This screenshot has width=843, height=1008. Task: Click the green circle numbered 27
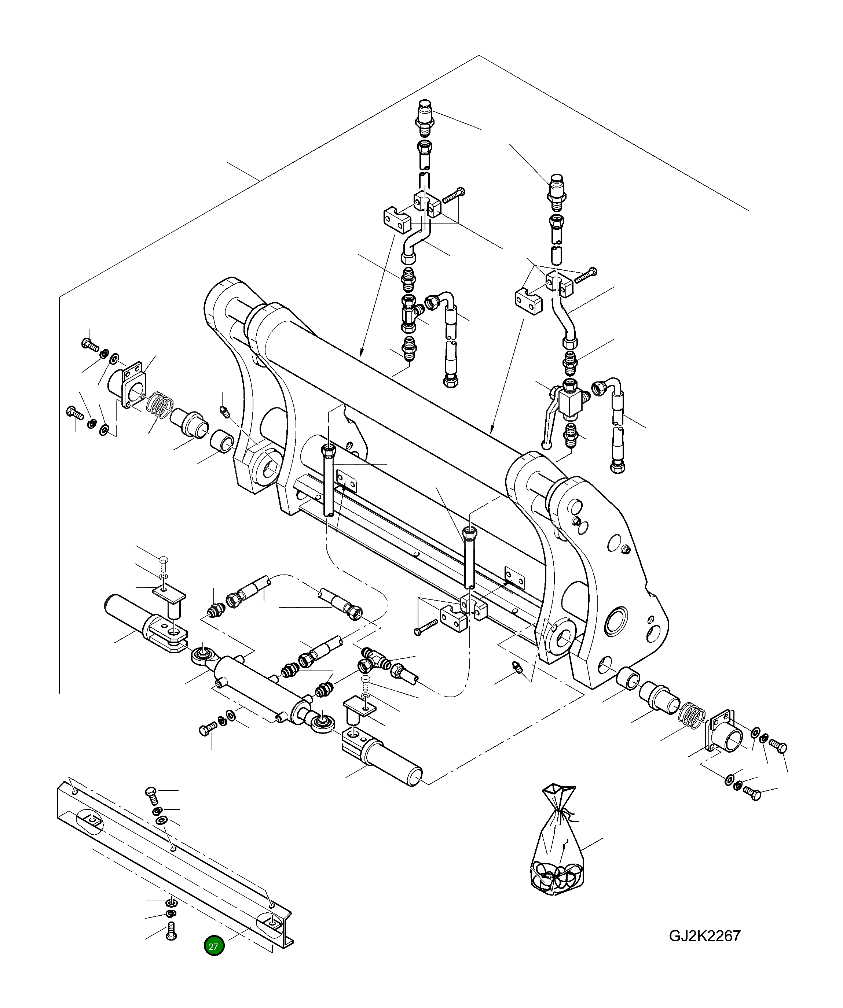(214, 946)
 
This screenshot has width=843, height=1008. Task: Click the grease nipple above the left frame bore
(223, 410)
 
